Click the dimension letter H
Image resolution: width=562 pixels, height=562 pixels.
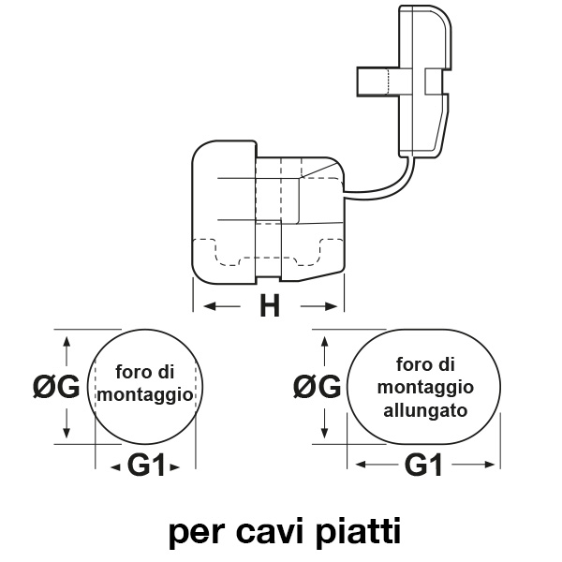coord(270,307)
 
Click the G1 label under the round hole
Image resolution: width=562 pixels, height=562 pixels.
coord(146,465)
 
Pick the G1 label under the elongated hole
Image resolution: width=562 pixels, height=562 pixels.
coord(423,465)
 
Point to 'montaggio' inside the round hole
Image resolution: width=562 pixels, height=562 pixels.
coord(146,396)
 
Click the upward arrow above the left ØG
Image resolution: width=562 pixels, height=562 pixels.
coord(67,348)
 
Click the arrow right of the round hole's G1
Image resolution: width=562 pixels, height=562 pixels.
coord(175,465)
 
